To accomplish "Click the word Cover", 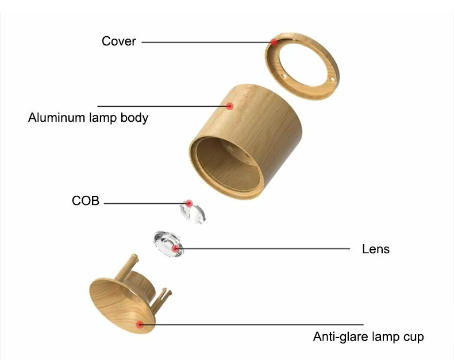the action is [x=119, y=41].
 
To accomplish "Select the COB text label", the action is [x=86, y=200].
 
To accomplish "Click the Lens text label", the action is [x=375, y=249].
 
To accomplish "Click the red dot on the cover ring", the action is [x=274, y=42].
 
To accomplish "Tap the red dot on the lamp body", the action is [x=230, y=106].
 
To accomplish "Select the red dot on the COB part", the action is [x=189, y=203].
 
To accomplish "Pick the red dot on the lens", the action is [x=175, y=249].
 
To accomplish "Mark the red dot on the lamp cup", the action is [x=140, y=324].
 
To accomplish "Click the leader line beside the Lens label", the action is [x=262, y=249].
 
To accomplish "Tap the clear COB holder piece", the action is [x=193, y=212].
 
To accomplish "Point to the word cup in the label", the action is [x=413, y=338].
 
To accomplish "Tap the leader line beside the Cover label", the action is [x=207, y=42].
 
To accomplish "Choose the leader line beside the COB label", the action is [x=146, y=203].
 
